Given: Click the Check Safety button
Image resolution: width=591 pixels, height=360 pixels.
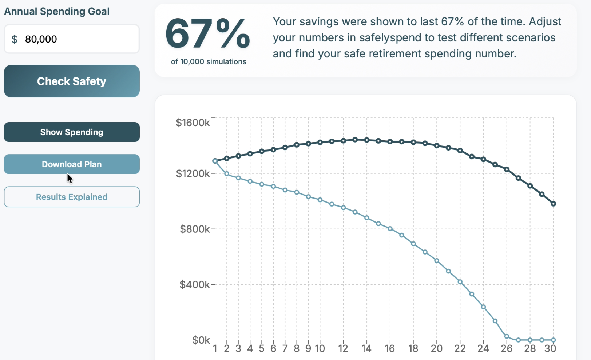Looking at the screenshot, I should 72,81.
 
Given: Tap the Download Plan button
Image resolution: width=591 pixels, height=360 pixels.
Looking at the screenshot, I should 72,164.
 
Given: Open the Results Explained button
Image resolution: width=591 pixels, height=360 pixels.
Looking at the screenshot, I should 72,197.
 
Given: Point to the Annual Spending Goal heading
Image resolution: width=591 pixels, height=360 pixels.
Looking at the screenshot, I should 57,11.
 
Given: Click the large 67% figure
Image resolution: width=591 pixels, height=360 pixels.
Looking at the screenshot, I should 208,34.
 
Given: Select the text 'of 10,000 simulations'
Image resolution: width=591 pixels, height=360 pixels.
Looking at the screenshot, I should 209,61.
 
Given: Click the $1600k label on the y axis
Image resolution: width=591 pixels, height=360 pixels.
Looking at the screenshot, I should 193,123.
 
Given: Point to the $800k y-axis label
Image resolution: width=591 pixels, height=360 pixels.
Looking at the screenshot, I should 195,229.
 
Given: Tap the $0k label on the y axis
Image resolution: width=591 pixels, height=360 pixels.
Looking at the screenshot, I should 201,340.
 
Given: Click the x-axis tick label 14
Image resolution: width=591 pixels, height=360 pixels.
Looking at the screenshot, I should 366,348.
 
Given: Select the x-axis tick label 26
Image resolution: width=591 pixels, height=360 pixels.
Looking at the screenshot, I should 507,348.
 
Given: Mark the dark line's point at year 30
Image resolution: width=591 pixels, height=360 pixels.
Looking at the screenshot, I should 553,204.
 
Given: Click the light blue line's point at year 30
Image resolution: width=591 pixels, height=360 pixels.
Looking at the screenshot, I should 553,340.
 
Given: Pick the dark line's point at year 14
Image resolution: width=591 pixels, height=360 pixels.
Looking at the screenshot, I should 367,140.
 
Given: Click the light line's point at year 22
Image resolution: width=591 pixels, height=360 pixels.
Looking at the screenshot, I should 460,282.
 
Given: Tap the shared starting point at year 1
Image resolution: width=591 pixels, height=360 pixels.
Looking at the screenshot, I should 215,161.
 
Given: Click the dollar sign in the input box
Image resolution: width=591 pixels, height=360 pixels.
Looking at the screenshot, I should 15,39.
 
